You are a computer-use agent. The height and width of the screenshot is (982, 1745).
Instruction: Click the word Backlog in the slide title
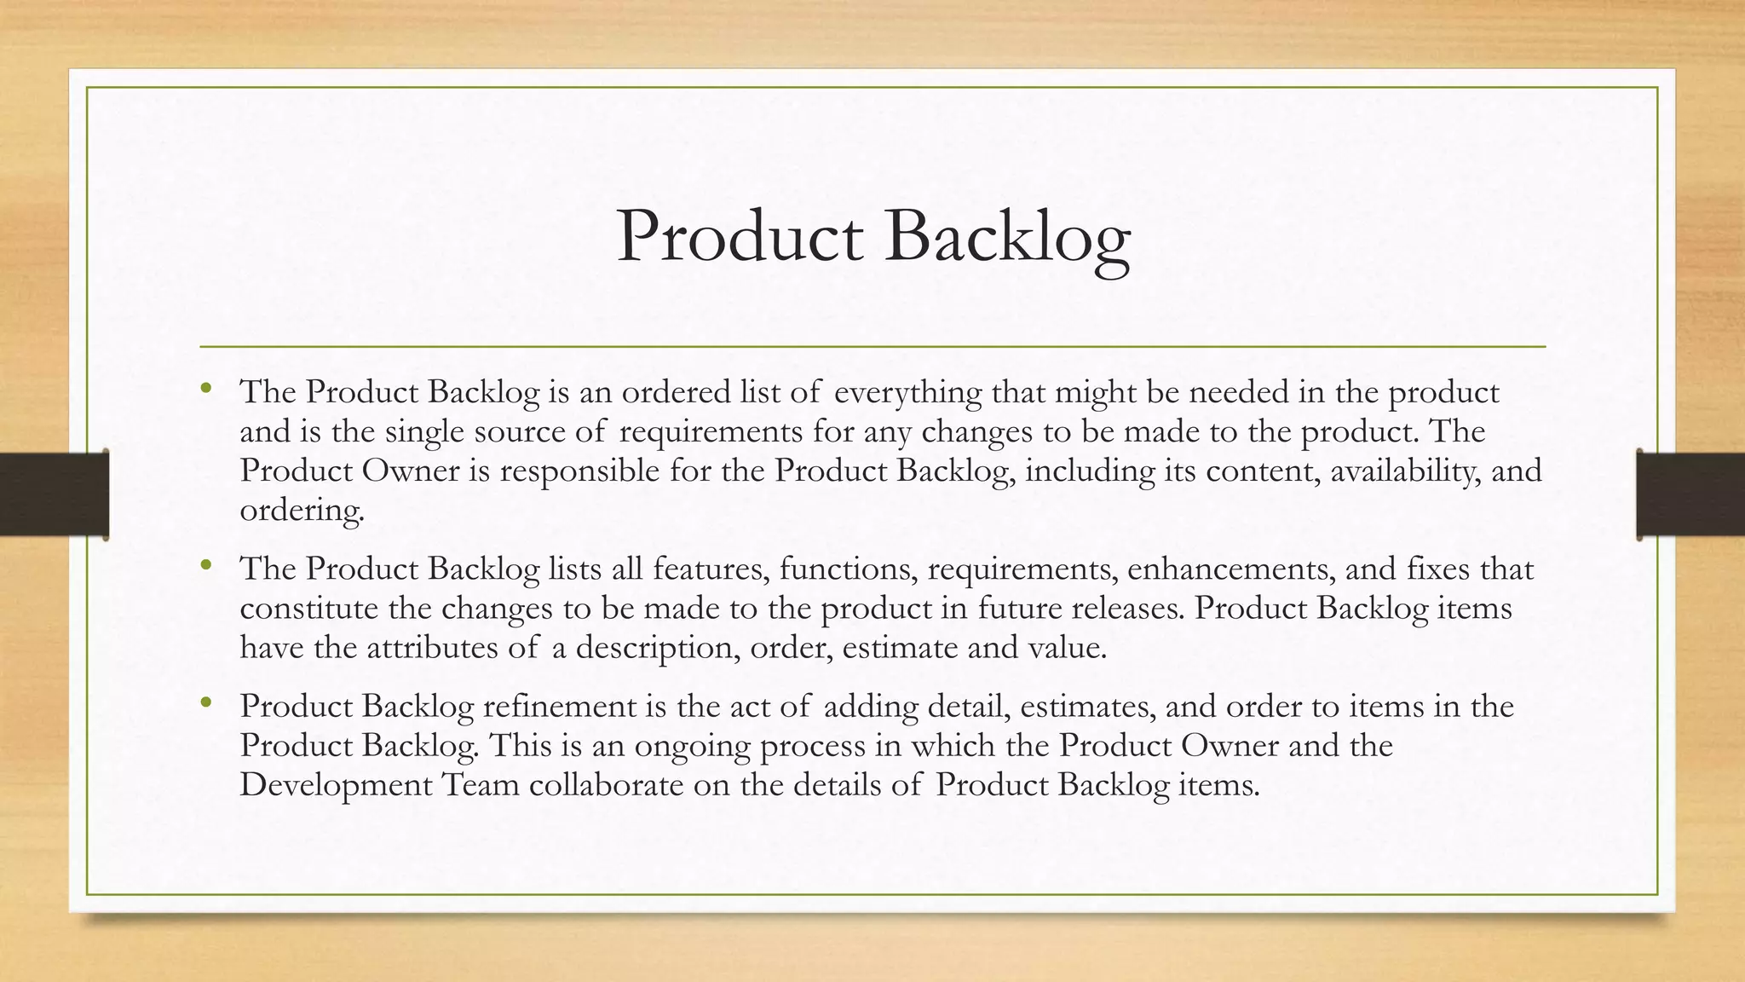click(x=1007, y=238)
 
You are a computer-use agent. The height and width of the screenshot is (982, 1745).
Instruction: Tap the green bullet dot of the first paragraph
click(x=205, y=390)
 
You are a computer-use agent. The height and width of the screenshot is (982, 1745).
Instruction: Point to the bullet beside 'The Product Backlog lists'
click(x=205, y=565)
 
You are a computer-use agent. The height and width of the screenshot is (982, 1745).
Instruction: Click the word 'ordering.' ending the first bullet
click(x=302, y=511)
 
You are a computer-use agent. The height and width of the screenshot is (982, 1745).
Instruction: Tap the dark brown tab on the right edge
click(x=1690, y=494)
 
